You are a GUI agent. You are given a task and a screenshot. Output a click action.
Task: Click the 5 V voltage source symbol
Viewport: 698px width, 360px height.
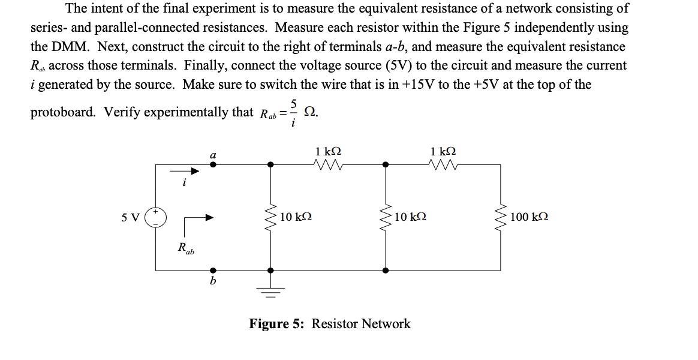pyautogui.click(x=156, y=217)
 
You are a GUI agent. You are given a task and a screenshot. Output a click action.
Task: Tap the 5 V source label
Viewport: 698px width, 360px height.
pyautogui.click(x=130, y=217)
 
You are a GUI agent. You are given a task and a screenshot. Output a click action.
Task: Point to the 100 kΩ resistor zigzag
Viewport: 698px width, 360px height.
pyautogui.click(x=501, y=217)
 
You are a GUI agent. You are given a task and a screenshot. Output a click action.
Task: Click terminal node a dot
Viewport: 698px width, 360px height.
pyautogui.click(x=212, y=164)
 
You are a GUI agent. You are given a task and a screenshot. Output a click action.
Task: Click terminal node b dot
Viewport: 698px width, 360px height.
pyautogui.click(x=212, y=271)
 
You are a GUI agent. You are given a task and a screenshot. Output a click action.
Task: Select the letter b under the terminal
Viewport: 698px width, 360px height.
pyautogui.click(x=212, y=281)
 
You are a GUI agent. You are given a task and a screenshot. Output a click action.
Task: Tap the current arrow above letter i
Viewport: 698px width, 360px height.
pyautogui.click(x=191, y=171)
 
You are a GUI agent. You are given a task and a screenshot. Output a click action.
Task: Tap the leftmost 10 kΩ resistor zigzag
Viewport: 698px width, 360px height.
pyautogui.click(x=271, y=217)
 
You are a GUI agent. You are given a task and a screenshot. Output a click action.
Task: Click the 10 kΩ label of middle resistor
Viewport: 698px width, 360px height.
pyautogui.click(x=411, y=217)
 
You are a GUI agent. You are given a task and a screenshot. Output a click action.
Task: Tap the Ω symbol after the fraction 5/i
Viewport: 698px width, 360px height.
pyautogui.click(x=310, y=112)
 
